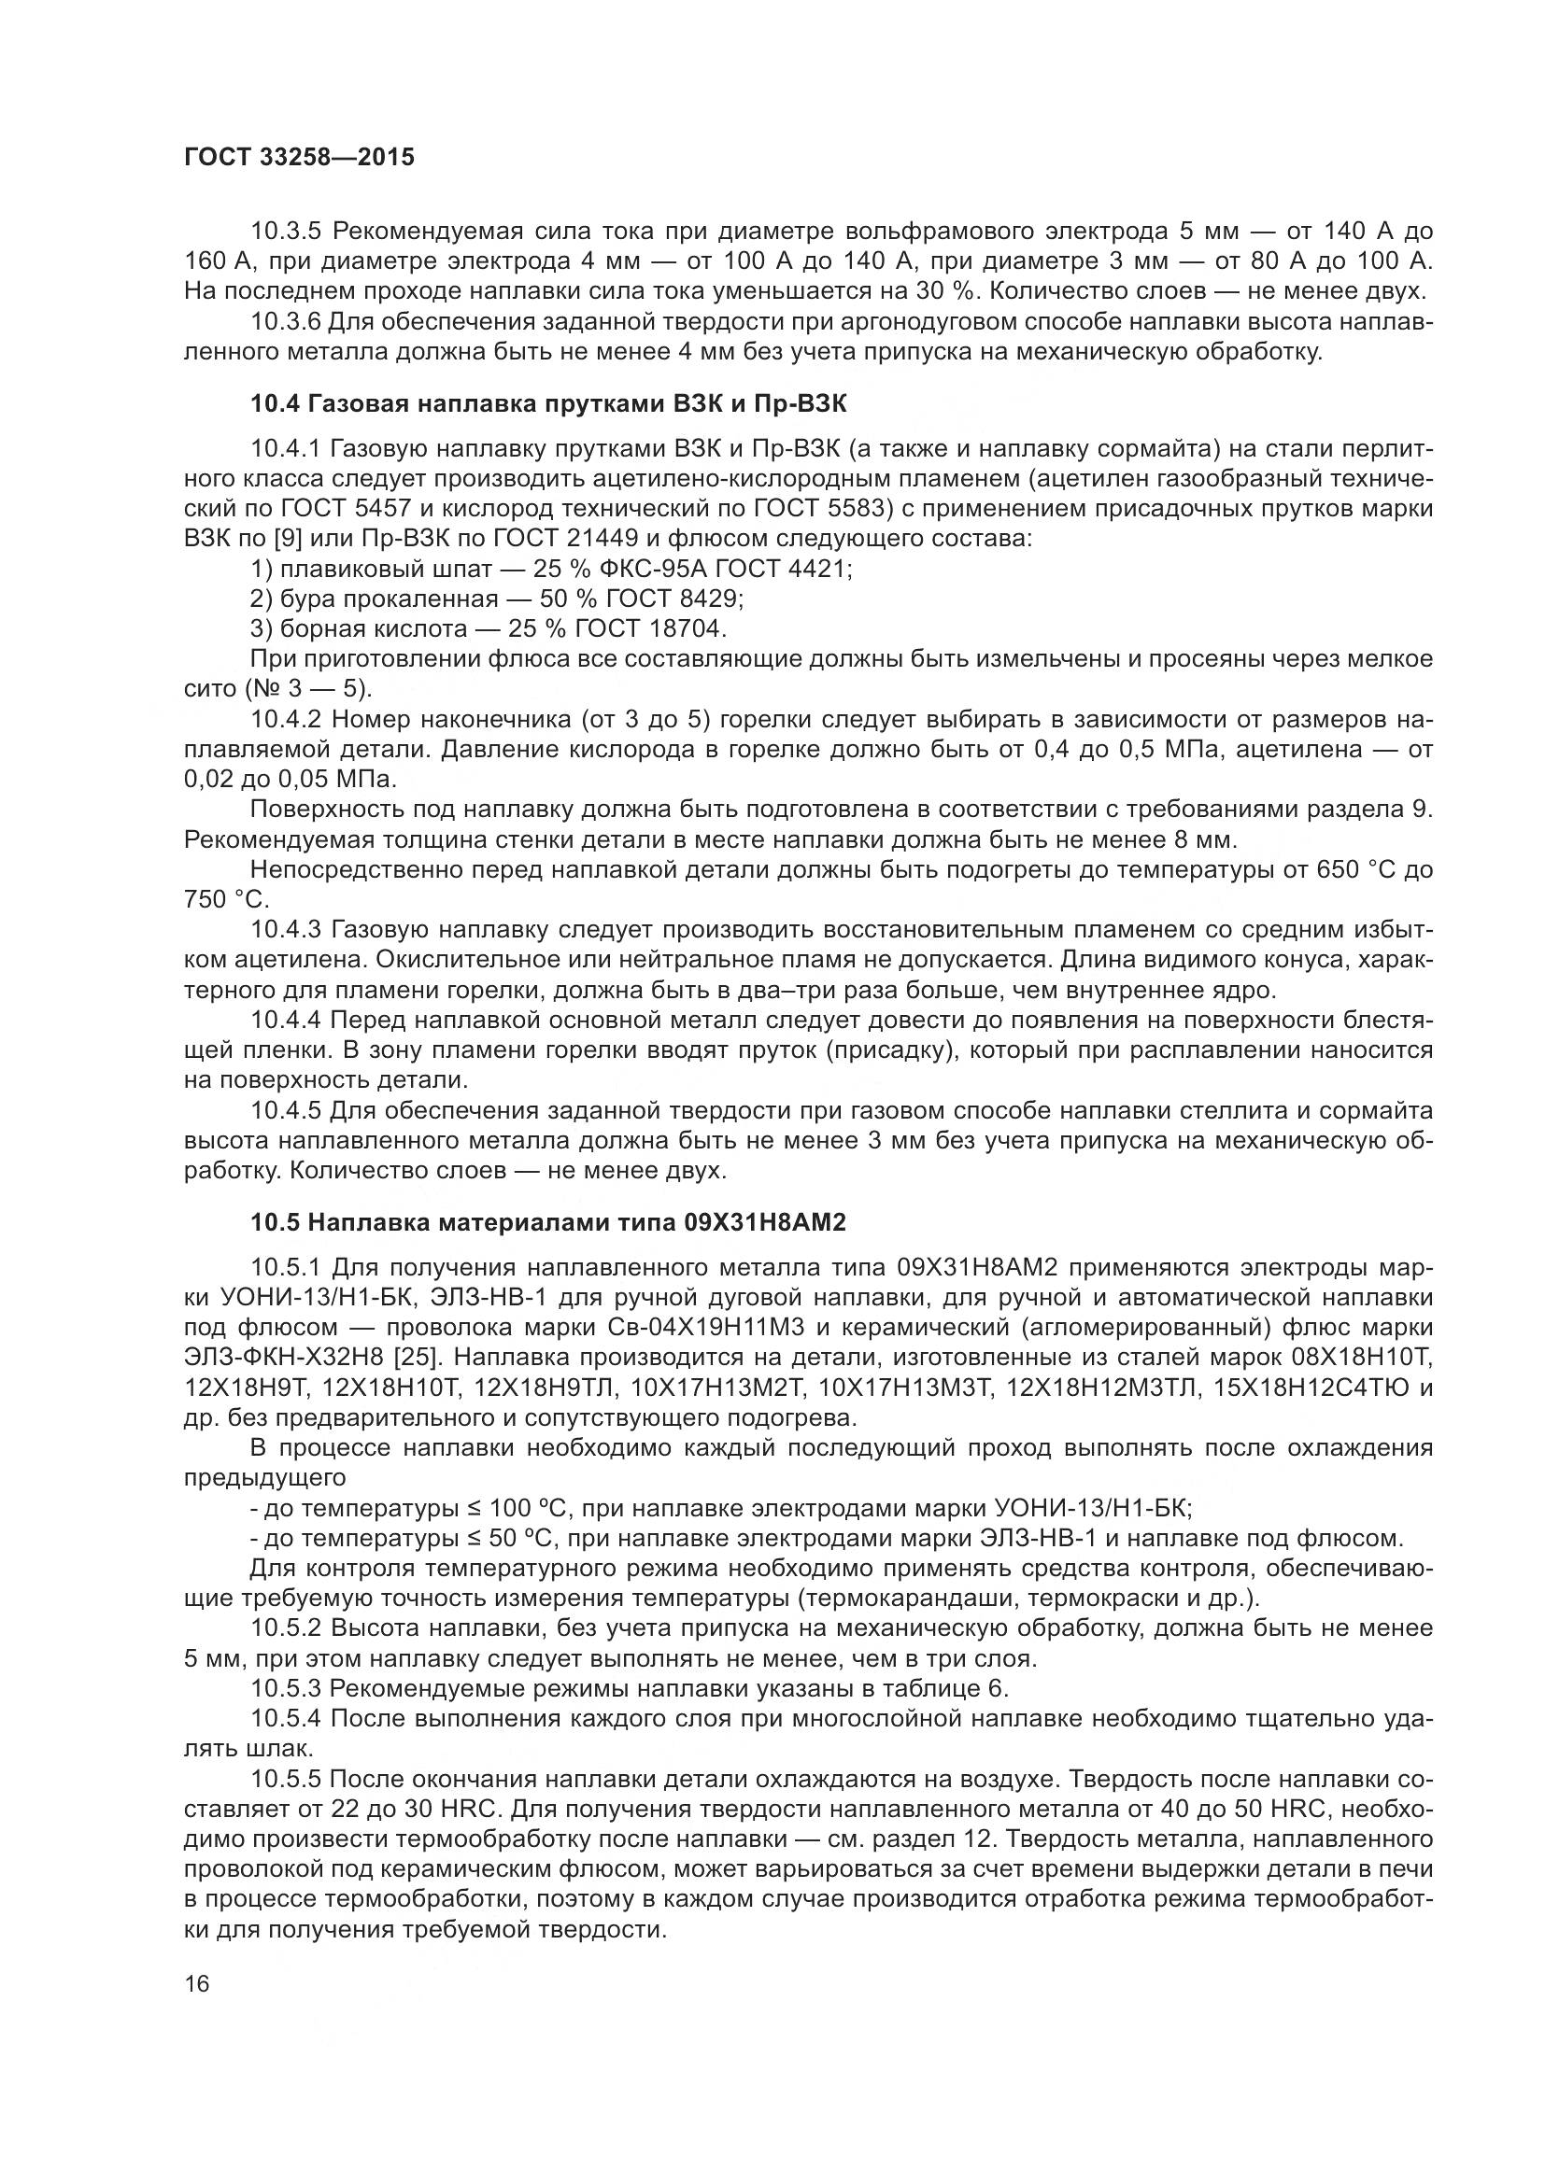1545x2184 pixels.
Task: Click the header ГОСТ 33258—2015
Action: (x=300, y=158)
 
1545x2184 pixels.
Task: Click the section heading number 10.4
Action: (x=275, y=403)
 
